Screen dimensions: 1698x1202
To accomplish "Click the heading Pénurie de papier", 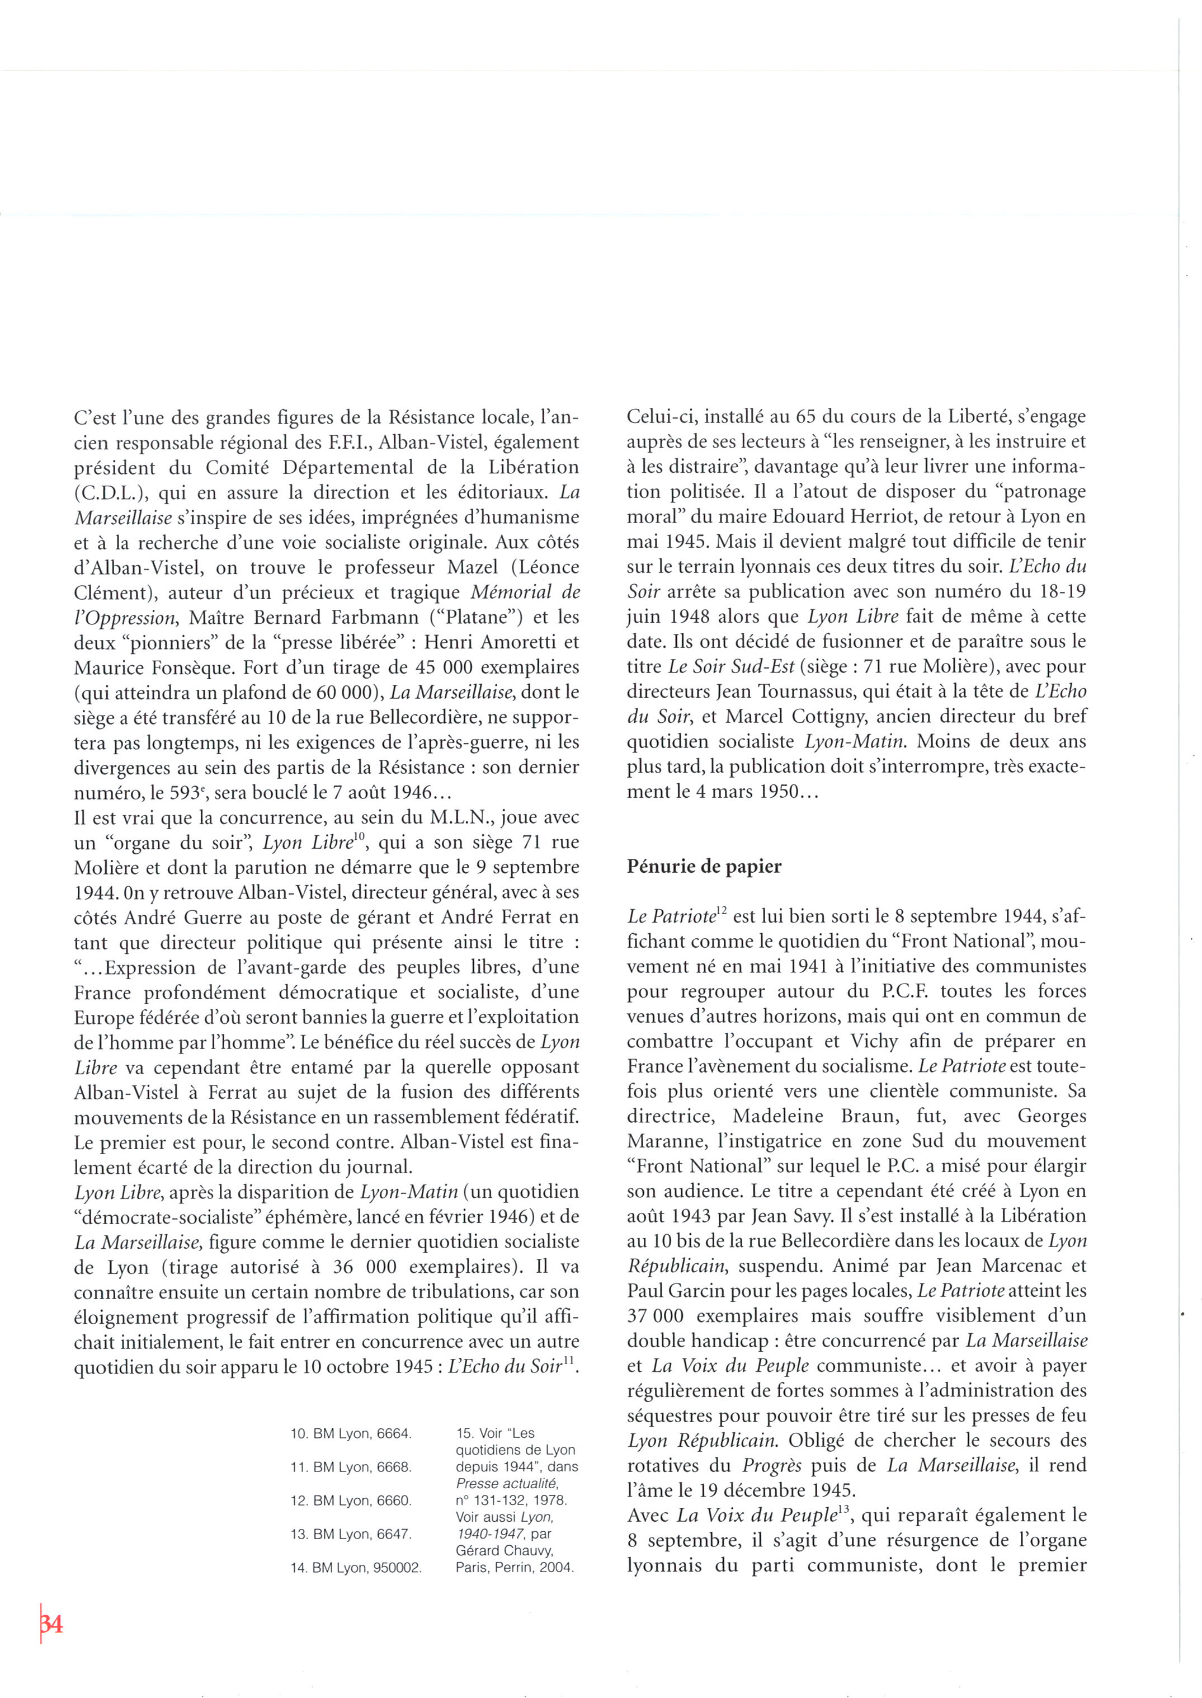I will click(x=704, y=866).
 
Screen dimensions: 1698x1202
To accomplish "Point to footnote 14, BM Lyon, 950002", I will click(x=355, y=1568).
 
